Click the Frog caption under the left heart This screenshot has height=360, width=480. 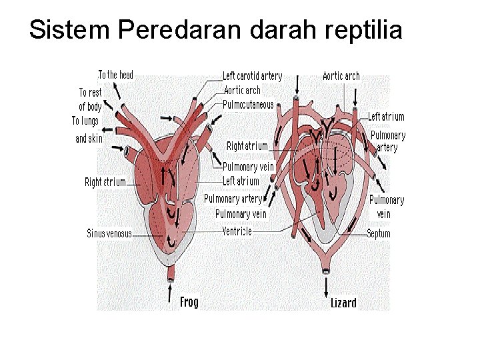(189, 302)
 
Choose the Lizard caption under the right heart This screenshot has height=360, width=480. (343, 303)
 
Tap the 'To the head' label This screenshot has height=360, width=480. (115, 75)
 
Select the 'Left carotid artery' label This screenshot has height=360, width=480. (252, 77)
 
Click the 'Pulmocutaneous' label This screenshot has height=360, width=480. (248, 104)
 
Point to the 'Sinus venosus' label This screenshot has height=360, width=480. (109, 233)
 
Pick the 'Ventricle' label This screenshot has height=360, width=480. (237, 231)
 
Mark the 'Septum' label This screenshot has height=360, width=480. (379, 233)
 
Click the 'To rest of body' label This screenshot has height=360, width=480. (90, 99)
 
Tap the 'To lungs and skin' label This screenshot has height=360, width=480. (87, 129)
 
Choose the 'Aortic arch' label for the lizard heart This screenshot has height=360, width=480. (341, 76)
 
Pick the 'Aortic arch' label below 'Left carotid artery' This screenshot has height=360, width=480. (242, 90)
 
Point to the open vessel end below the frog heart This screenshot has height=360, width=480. (171, 275)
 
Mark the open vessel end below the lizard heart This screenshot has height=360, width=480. (326, 270)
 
